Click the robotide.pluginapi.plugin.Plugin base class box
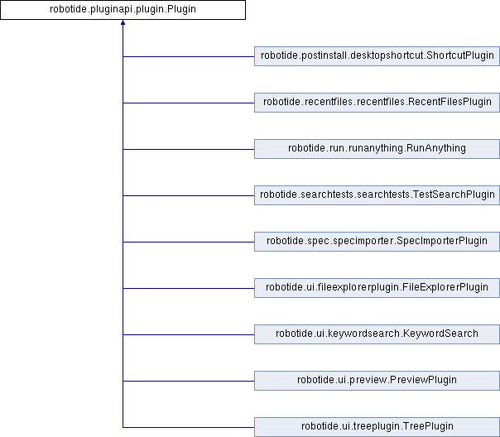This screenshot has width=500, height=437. pyautogui.click(x=123, y=10)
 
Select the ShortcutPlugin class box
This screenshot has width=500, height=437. pyautogui.click(x=377, y=56)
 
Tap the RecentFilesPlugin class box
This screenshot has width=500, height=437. pyautogui.click(x=377, y=103)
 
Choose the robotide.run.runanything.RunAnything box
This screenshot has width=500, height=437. pyautogui.click(x=377, y=149)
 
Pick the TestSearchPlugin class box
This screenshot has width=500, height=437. pyautogui.click(x=377, y=195)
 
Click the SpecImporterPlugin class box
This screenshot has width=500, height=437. pyautogui.click(x=377, y=242)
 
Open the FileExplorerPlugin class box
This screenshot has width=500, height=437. pyautogui.click(x=377, y=288)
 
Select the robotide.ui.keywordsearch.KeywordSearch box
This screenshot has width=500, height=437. pyautogui.click(x=377, y=334)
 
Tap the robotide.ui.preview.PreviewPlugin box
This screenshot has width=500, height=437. pyautogui.click(x=377, y=381)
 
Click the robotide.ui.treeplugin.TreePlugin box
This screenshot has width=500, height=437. pyautogui.click(x=377, y=427)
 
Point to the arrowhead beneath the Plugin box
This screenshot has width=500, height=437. pyautogui.click(x=123, y=22)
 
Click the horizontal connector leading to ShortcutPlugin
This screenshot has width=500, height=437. pyautogui.click(x=189, y=57)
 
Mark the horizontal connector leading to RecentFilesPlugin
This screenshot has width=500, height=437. pyautogui.click(x=189, y=103)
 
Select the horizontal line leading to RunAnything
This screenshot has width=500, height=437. pyautogui.click(x=189, y=149)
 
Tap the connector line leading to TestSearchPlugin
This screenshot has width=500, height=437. pyautogui.click(x=189, y=195)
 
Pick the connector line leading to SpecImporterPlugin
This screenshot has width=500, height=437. pyautogui.click(x=189, y=242)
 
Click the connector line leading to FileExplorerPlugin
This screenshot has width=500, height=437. pyautogui.click(x=189, y=289)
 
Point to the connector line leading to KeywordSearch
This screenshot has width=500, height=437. pyautogui.click(x=189, y=334)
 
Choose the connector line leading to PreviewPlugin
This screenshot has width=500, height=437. pyautogui.click(x=189, y=381)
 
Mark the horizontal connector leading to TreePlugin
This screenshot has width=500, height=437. pyautogui.click(x=189, y=427)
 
